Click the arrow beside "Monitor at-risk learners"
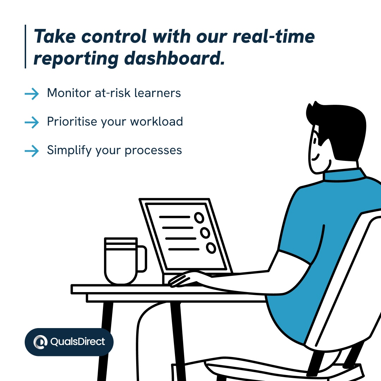tap(32, 93)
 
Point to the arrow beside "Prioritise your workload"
tap(32, 122)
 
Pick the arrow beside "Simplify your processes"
tap(32, 151)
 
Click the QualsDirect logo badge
tap(69, 342)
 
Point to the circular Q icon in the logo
tap(41, 342)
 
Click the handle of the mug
tap(141, 259)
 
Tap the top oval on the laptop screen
tap(199, 218)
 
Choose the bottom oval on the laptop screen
tap(211, 248)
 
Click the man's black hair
tap(339, 127)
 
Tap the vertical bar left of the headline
tap(25, 47)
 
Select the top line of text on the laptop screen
tap(174, 217)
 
